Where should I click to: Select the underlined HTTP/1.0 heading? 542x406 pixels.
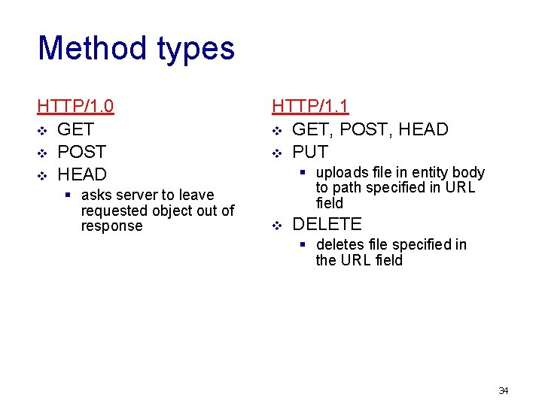point(75,106)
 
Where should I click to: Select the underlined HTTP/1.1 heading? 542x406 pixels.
point(310,106)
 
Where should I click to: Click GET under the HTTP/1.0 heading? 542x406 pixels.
point(75,129)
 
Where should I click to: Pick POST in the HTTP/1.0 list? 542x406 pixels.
point(81,152)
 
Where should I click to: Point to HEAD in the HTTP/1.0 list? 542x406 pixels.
point(82,174)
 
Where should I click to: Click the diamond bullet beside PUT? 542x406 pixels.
point(276,153)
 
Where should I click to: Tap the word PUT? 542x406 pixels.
point(310,152)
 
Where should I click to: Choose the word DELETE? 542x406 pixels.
point(327,224)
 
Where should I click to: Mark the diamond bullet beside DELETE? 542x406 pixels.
point(276,225)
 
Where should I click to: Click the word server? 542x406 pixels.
point(139,195)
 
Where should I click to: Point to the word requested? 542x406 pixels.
point(112,211)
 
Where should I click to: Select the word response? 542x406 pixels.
point(111,226)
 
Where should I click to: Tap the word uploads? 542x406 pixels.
point(343,173)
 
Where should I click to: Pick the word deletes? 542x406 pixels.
point(341,245)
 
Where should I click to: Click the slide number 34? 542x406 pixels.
point(504,390)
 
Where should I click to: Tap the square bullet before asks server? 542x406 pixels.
point(68,195)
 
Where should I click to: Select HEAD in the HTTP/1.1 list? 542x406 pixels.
point(423,129)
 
